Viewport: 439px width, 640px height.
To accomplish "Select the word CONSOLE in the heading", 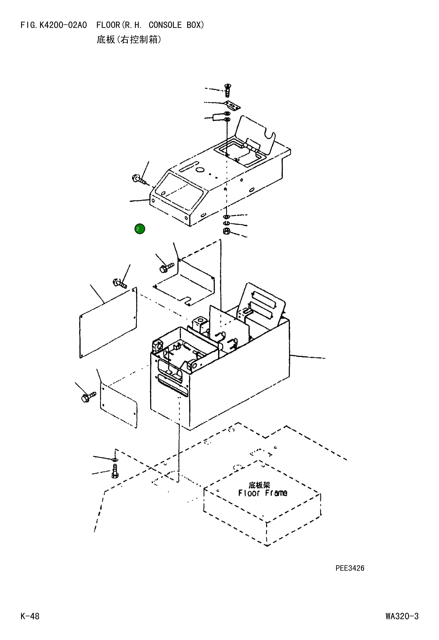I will [165, 25].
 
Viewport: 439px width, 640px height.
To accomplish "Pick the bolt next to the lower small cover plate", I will [88, 397].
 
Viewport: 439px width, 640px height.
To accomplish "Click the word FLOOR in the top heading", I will [108, 25].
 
